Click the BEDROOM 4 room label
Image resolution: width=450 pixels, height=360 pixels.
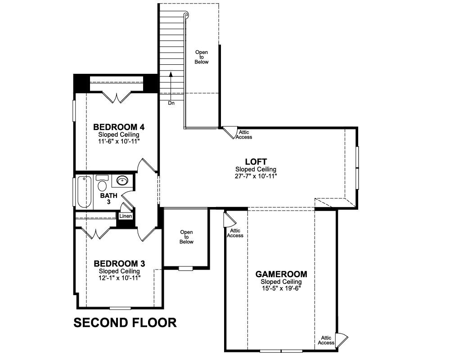(x=119, y=126)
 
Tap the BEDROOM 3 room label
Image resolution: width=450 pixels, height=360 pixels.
(x=119, y=263)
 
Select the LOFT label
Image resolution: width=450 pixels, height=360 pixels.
(x=256, y=162)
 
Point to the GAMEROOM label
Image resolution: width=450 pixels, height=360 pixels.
(x=281, y=274)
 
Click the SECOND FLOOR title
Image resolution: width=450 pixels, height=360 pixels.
(x=125, y=322)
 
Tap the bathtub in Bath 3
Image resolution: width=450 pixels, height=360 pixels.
(x=84, y=192)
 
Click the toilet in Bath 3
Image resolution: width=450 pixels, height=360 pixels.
(x=102, y=183)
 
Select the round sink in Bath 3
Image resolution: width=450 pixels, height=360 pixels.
(x=123, y=181)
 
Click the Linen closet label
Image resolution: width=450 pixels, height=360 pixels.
(x=126, y=216)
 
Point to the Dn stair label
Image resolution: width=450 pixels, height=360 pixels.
(x=171, y=103)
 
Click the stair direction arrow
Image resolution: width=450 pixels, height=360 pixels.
(x=171, y=86)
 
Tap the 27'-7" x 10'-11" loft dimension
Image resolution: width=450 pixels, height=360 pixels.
(x=256, y=176)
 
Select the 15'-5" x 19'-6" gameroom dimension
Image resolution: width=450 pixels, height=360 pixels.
(x=281, y=288)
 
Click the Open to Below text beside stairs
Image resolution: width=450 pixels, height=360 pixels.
(x=202, y=57)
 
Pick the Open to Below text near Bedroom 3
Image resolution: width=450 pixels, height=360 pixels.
(x=187, y=237)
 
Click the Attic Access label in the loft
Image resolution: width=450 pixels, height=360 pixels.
(x=244, y=135)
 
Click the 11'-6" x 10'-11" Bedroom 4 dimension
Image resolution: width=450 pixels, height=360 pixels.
(x=119, y=141)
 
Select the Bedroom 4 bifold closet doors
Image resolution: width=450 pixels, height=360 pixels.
(x=117, y=97)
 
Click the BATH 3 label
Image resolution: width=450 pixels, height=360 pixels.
(x=109, y=198)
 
